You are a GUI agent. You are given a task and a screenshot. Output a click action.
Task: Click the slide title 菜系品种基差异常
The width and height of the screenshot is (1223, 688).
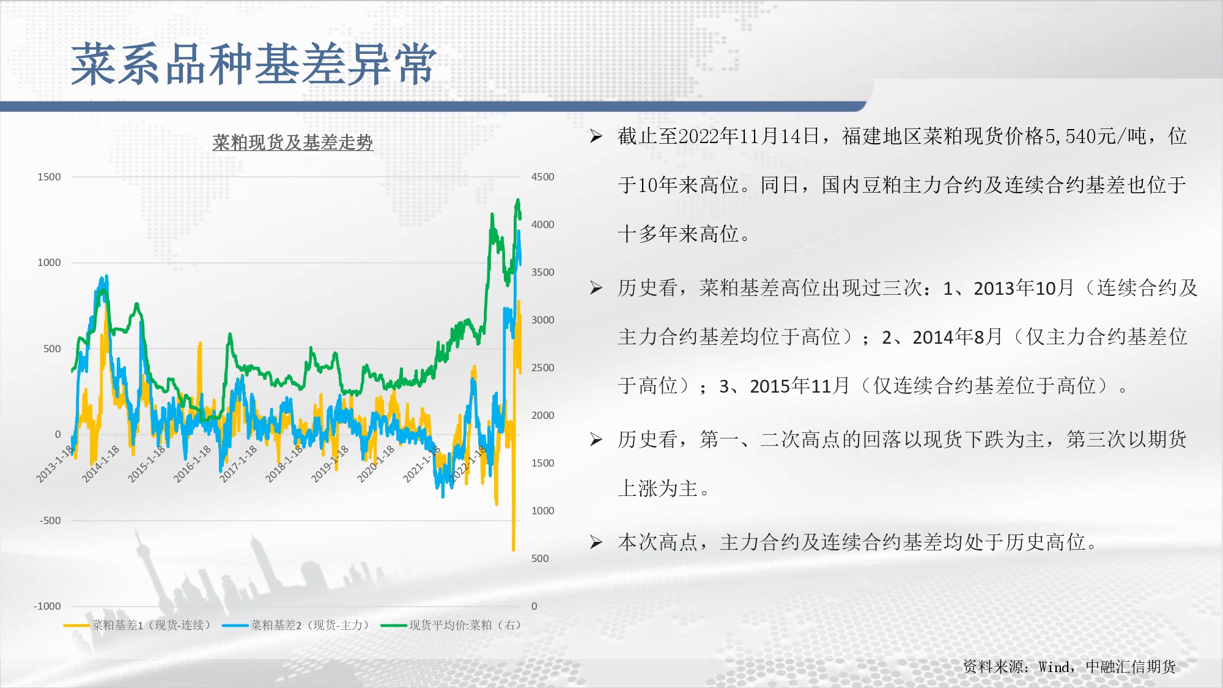(x=254, y=64)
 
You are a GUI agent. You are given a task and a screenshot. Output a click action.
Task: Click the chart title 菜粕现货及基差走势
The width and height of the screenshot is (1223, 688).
(x=292, y=142)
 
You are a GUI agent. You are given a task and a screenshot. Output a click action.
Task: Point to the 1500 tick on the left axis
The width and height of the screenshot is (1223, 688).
(x=49, y=177)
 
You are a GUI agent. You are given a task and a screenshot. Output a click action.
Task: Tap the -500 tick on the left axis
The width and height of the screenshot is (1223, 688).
(x=50, y=520)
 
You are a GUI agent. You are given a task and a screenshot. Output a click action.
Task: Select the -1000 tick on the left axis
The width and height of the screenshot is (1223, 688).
(x=47, y=606)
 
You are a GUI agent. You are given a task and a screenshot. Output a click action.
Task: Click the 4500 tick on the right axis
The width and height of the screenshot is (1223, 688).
(x=543, y=177)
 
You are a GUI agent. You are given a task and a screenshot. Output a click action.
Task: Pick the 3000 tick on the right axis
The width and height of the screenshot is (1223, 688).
(x=543, y=320)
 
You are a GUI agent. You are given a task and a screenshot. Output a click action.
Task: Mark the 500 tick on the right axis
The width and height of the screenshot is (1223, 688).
(x=540, y=558)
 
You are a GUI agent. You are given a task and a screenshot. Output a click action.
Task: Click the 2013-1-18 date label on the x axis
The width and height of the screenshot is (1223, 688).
(x=55, y=464)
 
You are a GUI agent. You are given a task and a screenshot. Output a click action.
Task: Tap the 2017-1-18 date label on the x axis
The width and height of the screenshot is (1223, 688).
(x=238, y=464)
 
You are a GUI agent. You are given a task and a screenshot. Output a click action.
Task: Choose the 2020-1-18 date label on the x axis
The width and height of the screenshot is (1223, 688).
(x=376, y=464)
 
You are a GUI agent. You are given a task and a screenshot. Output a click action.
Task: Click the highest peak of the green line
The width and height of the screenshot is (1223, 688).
(x=518, y=199)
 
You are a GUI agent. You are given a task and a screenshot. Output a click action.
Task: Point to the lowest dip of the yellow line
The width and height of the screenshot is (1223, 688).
(x=514, y=549)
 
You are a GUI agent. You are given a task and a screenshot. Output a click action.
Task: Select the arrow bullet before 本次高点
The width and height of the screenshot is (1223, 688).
(x=596, y=542)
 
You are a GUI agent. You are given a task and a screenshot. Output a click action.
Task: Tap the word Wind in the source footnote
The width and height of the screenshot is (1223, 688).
(x=1055, y=667)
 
